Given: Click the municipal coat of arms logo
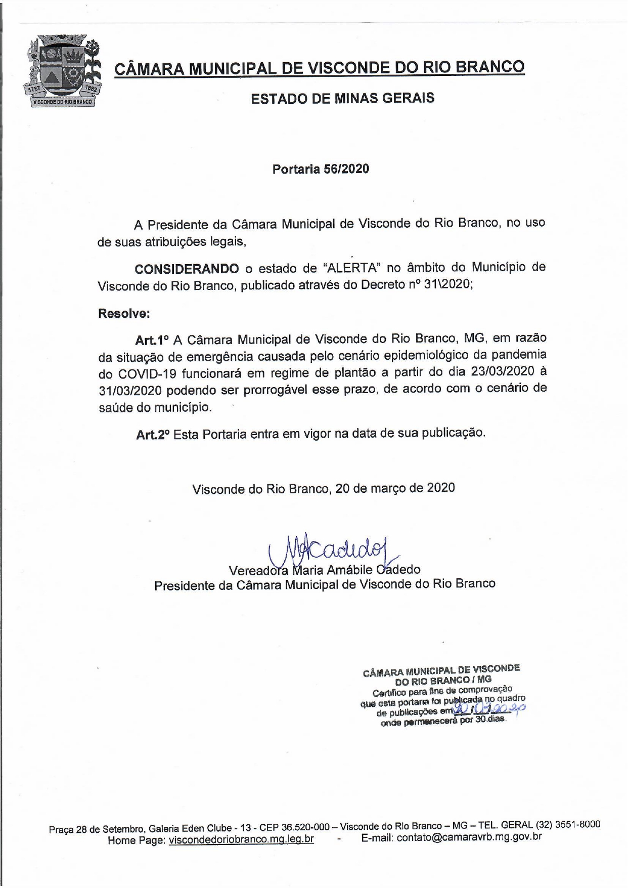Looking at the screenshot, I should pyautogui.click(x=62, y=70).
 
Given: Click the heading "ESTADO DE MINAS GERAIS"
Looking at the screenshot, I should pyautogui.click(x=342, y=98).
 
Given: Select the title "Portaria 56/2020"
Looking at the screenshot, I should pyautogui.click(x=321, y=169).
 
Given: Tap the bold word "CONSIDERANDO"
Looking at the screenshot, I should pyautogui.click(x=187, y=268).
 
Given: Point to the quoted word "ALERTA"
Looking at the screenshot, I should pyautogui.click(x=351, y=268).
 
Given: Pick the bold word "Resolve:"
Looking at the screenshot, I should pyautogui.click(x=124, y=313).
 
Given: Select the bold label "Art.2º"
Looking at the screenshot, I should pyautogui.click(x=153, y=434).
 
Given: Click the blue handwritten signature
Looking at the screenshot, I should pyautogui.click(x=334, y=547).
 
